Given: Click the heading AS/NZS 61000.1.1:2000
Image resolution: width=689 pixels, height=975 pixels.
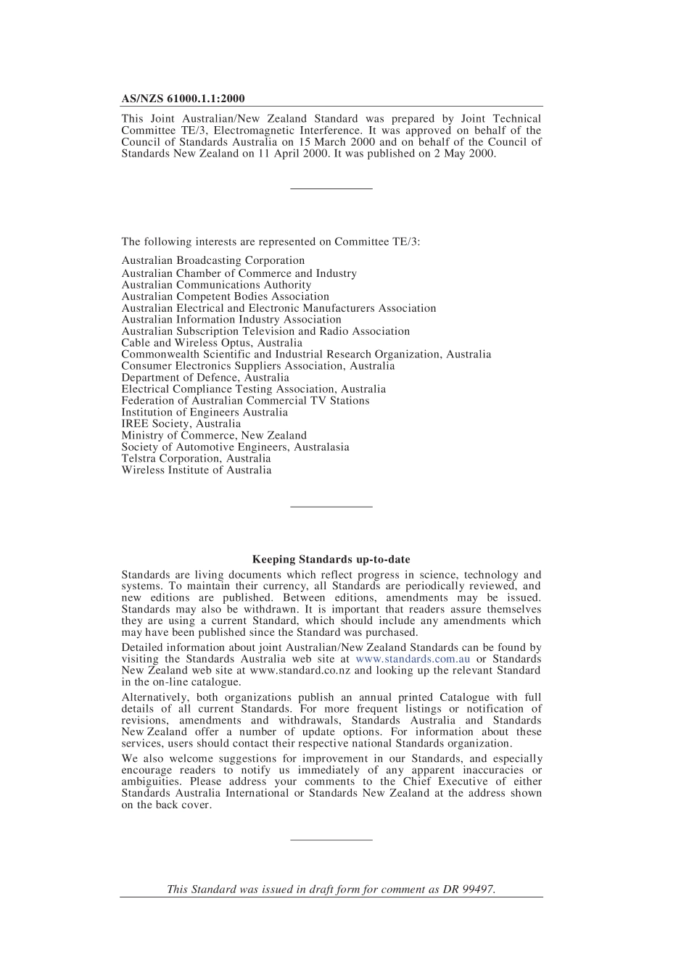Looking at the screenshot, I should click(x=183, y=99).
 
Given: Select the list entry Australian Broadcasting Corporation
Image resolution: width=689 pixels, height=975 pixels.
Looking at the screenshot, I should click(x=213, y=260).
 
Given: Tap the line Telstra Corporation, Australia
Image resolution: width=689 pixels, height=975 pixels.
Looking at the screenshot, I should click(x=196, y=458).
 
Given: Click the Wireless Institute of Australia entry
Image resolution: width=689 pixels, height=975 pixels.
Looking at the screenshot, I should click(x=197, y=470).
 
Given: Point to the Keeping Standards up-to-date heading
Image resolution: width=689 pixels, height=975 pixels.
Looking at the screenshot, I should click(x=331, y=559).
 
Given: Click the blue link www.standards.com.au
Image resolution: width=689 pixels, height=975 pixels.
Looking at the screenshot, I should click(x=413, y=659).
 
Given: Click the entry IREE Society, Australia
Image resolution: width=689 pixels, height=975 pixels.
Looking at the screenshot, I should click(x=181, y=423).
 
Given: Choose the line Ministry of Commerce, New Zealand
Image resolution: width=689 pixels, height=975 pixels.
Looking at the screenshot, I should click(x=214, y=435).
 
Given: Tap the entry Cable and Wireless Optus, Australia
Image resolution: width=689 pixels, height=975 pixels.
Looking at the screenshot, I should click(x=212, y=343).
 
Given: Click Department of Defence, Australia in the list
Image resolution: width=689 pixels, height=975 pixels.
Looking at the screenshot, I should click(x=205, y=378).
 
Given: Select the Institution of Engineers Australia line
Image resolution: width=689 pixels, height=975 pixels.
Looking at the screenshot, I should click(x=205, y=412).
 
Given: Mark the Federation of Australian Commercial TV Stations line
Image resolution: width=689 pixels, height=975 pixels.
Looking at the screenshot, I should click(x=245, y=400).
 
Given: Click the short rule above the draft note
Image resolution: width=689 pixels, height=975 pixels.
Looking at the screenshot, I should click(x=331, y=840).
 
